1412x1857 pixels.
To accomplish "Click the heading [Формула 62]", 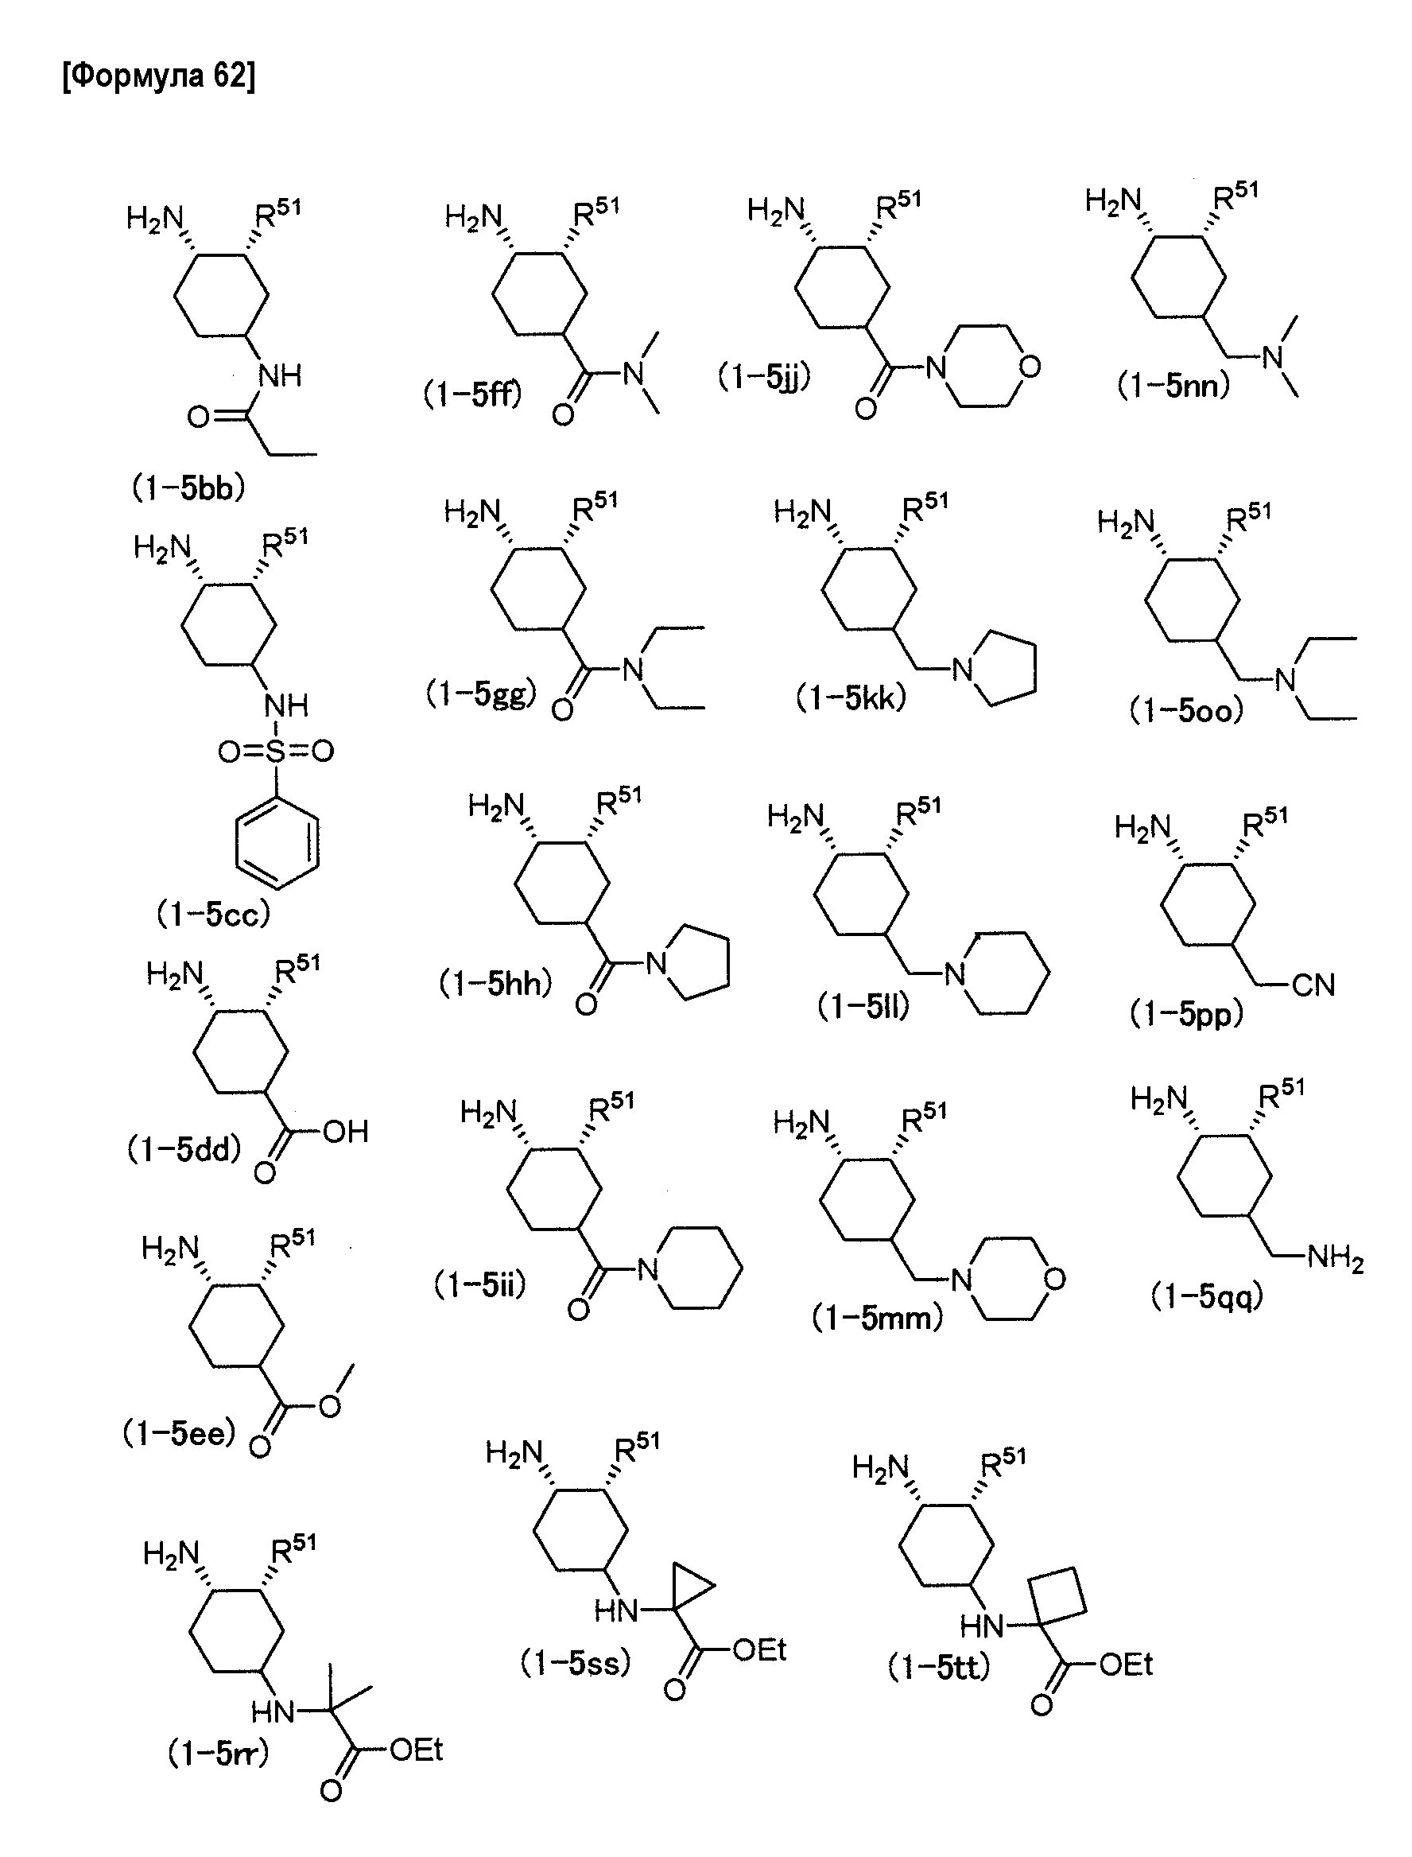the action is (x=159, y=76).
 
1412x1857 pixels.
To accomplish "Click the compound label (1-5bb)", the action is (x=188, y=488).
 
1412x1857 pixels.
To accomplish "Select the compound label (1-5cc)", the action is (x=214, y=914).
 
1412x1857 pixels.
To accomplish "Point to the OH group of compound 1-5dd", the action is (x=345, y=1132).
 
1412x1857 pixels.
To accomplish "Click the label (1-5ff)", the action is (x=472, y=394).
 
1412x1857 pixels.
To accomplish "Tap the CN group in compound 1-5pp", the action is (x=1313, y=985).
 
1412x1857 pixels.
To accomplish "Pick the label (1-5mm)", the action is (x=878, y=1318).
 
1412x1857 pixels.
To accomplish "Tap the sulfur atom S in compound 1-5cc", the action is (x=276, y=751).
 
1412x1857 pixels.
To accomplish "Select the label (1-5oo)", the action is (x=1186, y=711).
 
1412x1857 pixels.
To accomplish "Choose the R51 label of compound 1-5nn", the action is (x=1235, y=196).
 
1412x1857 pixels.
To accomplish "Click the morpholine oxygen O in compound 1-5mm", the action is (x=1054, y=1280).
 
